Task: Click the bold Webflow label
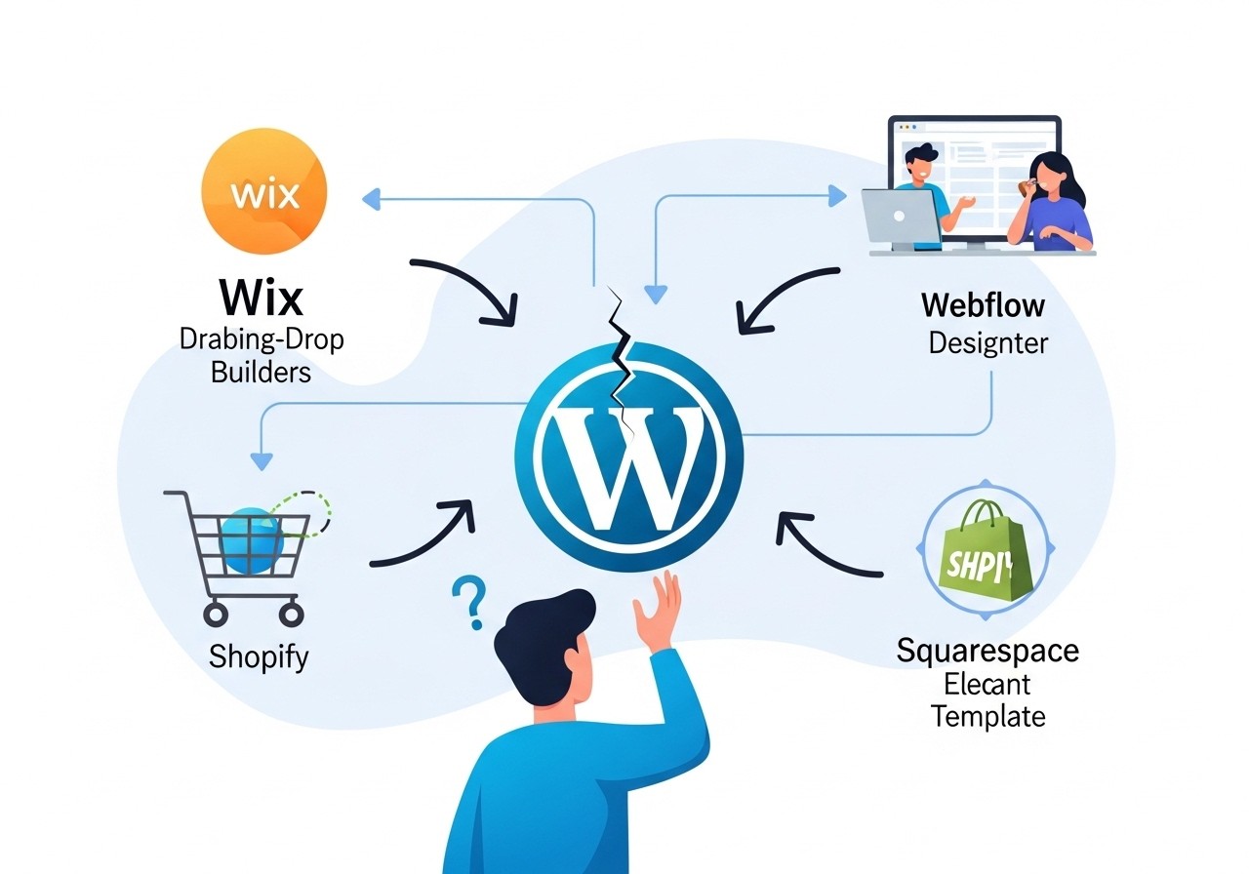point(983,305)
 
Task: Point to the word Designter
point(987,343)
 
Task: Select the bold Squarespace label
point(987,651)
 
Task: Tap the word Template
point(987,717)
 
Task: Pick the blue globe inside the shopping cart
point(252,539)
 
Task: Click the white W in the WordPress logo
point(626,455)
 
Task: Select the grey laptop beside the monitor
point(900,218)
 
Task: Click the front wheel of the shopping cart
point(215,614)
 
